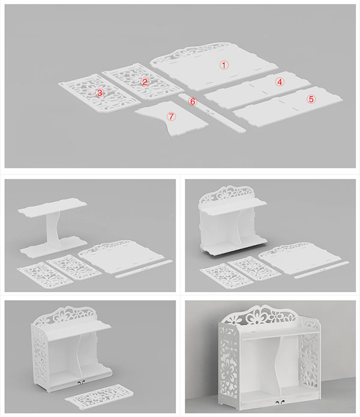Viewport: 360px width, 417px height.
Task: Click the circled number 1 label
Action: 224,65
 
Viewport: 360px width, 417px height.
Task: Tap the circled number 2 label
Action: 145,82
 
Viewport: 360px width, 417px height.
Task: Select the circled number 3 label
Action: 100,93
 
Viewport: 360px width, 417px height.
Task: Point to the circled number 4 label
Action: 280,82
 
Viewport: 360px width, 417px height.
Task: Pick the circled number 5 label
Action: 311,99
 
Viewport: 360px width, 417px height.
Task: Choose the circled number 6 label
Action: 193,101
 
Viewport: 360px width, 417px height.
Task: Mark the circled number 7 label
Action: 171,116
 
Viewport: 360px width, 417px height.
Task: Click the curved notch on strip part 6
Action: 210,113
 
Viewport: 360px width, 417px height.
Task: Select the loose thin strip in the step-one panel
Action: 144,269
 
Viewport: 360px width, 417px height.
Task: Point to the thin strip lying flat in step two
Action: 322,270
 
